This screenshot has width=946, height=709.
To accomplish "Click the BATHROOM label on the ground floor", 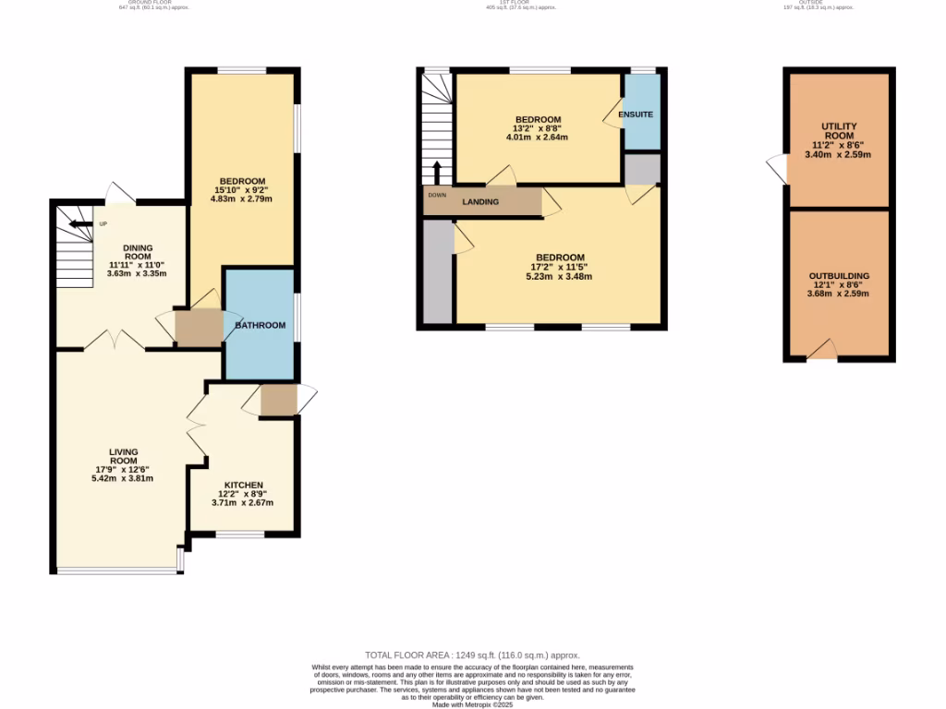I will pyautogui.click(x=260, y=325).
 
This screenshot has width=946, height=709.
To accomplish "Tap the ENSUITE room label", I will pyautogui.click(x=636, y=114).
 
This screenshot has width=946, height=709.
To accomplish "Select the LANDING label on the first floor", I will pyautogui.click(x=480, y=202).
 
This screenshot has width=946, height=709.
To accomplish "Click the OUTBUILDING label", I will pyautogui.click(x=839, y=276).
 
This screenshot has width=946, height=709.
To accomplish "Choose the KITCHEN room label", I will pyautogui.click(x=243, y=486).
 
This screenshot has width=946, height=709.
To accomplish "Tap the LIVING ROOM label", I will pyautogui.click(x=123, y=456).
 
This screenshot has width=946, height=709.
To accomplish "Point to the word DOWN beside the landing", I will pyautogui.click(x=437, y=195).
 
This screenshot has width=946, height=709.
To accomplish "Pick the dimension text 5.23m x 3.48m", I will pyautogui.click(x=558, y=276).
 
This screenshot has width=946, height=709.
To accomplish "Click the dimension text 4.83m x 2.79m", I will pyautogui.click(x=242, y=198).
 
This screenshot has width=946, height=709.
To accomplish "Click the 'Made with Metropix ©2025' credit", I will pyautogui.click(x=472, y=704).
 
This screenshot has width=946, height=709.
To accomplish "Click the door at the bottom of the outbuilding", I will pyautogui.click(x=821, y=350).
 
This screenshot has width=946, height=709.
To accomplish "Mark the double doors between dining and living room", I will pyautogui.click(x=116, y=341).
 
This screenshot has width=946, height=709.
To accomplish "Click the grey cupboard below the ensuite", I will pyautogui.click(x=642, y=170).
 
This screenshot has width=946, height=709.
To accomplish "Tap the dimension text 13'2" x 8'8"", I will pyautogui.click(x=538, y=129).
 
